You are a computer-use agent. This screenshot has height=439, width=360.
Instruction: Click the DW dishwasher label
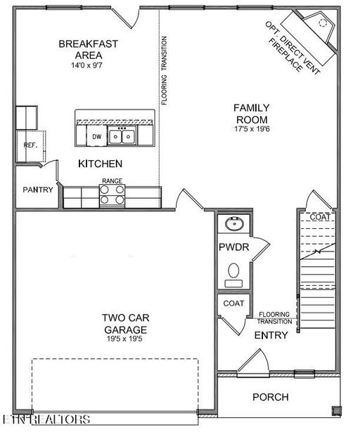coord(97,137)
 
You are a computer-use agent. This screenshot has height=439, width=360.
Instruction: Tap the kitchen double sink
coord(122,136)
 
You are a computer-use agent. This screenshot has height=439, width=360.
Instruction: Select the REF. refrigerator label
coord(30,145)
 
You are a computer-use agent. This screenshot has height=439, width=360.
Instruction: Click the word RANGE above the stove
coord(112,181)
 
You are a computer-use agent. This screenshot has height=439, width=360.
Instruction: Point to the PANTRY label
coord(38,190)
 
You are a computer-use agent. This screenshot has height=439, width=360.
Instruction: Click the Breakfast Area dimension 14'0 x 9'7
coord(86,65)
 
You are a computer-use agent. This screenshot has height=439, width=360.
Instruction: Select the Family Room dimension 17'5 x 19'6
coord(252,129)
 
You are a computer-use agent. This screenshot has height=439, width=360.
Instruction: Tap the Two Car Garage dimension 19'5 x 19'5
coord(124,339)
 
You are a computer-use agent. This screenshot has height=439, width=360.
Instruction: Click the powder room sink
coord(234,223)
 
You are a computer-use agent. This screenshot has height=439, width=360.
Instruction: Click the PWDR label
coord(234,247)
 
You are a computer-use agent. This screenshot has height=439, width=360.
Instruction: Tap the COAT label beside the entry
coord(233,303)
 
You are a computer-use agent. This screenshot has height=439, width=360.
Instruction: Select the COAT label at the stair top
coord(320,217)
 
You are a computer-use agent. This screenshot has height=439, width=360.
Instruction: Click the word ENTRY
coord(271,336)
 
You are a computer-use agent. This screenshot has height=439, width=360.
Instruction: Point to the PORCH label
coord(271,397)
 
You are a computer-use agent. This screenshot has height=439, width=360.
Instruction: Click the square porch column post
coord(337,411)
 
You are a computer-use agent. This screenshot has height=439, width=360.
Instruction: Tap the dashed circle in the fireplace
coord(323,23)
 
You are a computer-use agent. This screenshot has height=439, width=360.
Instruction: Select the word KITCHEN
coord(101,164)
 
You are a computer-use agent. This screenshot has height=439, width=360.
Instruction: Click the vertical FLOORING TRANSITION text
coord(164,70)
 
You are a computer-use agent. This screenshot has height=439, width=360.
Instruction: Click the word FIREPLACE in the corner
coord(285,55)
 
